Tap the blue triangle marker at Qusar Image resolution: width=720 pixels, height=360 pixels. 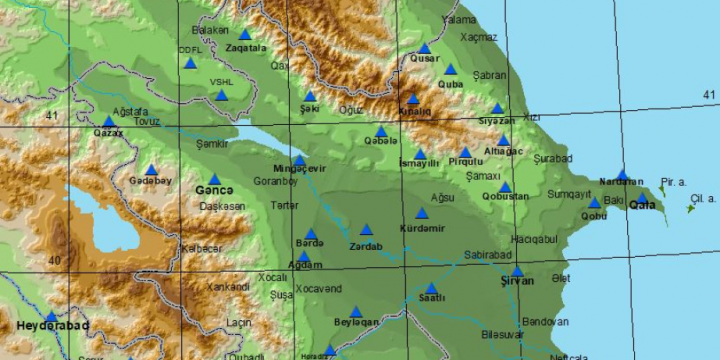[424, 47]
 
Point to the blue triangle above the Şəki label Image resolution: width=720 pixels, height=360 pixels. [310, 97]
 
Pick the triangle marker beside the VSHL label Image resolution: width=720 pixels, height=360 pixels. [221, 95]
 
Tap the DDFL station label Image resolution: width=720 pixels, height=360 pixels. [189, 48]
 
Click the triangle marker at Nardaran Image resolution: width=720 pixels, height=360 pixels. [622, 174]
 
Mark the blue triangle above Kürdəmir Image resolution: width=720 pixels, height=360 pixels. [421, 213]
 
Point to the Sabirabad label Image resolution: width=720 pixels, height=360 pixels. [489, 255]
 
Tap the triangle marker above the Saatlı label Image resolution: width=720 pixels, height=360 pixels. [431, 287]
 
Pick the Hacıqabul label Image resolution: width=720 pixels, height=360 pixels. [533, 239]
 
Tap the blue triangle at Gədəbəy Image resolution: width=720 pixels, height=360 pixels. [151, 169]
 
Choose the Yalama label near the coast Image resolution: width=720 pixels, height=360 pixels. [458, 19]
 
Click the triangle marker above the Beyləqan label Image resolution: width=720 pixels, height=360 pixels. [355, 311]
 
